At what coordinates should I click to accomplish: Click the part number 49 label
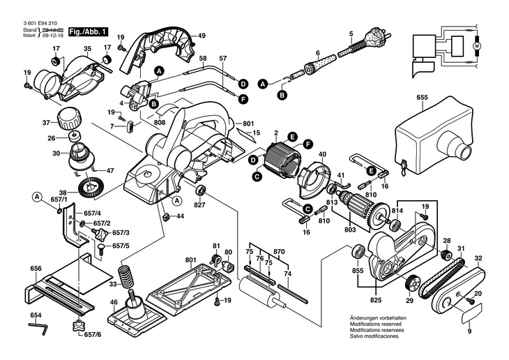(x=202, y=36)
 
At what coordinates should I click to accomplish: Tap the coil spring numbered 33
(x=126, y=276)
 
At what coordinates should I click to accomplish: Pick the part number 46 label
(x=114, y=303)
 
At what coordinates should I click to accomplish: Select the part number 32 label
(x=478, y=259)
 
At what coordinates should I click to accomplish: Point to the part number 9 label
(x=469, y=332)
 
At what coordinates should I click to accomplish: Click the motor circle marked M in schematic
(x=478, y=45)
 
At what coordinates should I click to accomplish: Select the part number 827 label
(x=200, y=206)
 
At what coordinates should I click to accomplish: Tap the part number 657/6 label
(x=92, y=335)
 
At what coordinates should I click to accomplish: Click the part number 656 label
(x=36, y=268)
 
